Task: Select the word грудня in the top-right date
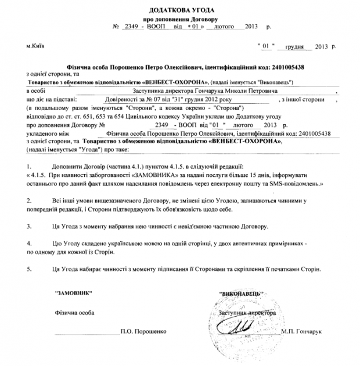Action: click(297, 45)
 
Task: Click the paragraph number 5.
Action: click(29, 269)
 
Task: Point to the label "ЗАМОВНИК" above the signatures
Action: click(73, 294)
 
